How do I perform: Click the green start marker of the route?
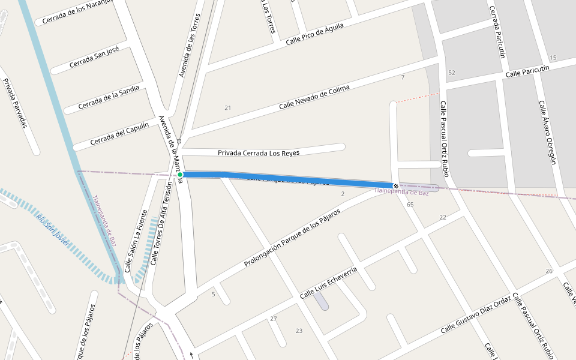[180, 175]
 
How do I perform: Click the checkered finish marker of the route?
[395, 185]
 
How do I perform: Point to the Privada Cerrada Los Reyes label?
[259, 153]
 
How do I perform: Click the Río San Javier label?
[53, 230]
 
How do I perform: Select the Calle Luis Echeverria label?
[328, 283]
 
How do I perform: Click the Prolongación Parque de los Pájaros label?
[292, 238]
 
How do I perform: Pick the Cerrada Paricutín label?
[497, 32]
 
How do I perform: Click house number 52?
[451, 73]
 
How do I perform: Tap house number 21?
[227, 108]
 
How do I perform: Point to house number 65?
[410, 205]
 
